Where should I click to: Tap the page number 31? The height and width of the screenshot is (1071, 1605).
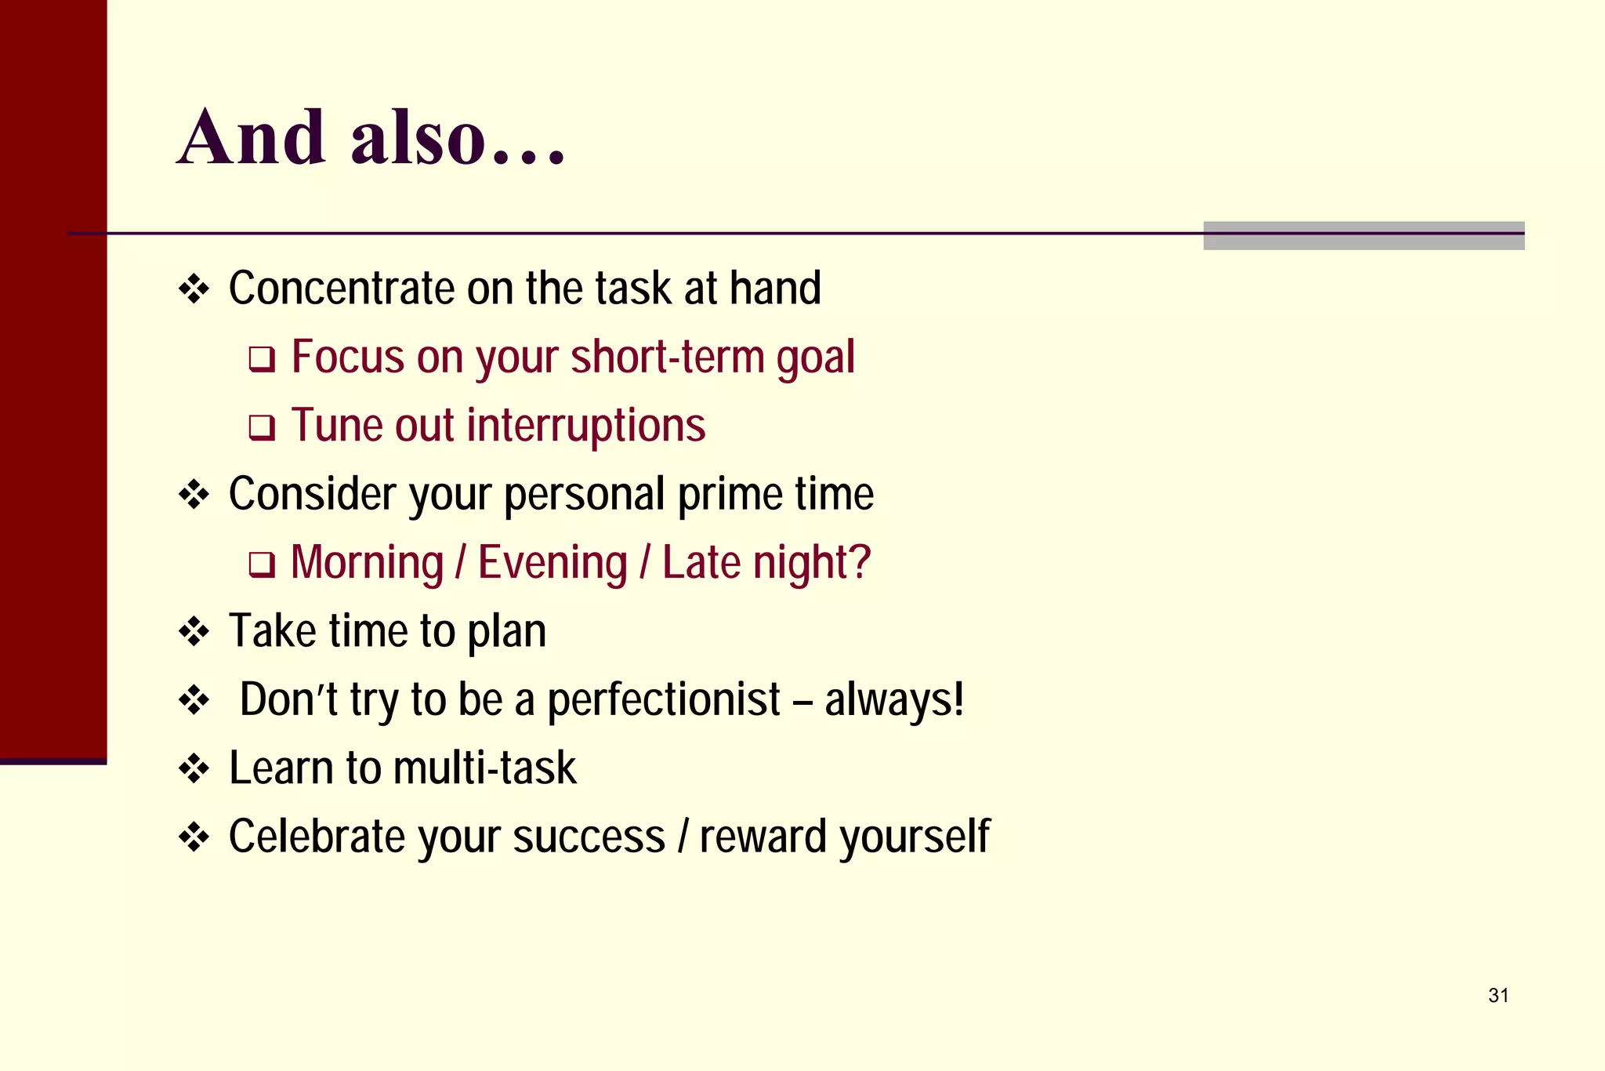[1498, 995]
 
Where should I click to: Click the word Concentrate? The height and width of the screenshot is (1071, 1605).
[342, 288]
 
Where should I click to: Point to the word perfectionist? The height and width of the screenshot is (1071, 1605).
[663, 700]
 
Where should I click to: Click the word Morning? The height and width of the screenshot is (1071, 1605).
[367, 563]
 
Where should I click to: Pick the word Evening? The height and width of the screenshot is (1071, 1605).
[553, 563]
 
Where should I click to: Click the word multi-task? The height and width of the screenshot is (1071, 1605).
[485, 768]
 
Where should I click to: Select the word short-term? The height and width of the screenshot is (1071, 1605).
[667, 357]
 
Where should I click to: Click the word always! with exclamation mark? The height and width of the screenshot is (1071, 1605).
[894, 699]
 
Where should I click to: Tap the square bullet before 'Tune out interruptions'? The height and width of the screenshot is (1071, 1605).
[262, 428]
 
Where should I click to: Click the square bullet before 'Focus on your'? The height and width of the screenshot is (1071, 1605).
[262, 360]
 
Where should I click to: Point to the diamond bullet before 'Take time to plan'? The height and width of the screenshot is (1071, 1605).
[194, 632]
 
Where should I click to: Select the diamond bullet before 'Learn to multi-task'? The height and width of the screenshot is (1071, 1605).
[194, 768]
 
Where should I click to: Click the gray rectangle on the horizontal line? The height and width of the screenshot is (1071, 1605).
[1363, 236]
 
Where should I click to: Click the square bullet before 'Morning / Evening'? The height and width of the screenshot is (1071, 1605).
[262, 565]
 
